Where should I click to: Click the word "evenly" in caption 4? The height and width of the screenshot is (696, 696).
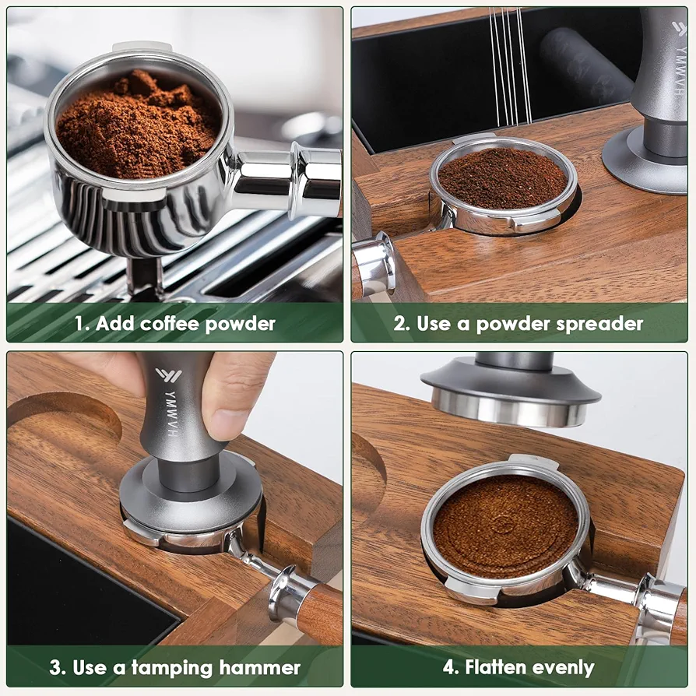coord(563,669)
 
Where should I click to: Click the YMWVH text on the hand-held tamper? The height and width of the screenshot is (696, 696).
coord(171,413)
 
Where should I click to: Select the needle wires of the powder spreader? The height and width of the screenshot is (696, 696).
coord(511,67)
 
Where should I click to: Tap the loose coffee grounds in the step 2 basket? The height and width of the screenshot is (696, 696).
coord(502,178)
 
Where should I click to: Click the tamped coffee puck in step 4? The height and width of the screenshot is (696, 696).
coord(505,526)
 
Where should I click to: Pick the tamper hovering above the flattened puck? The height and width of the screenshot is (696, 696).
coord(511,391)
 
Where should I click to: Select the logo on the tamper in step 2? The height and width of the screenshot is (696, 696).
coord(679,28)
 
